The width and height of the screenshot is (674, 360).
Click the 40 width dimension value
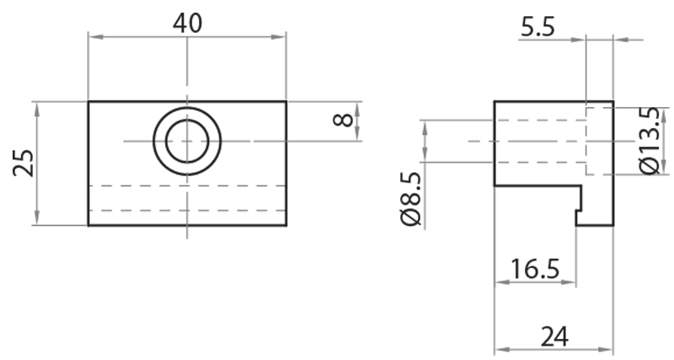[x=187, y=23]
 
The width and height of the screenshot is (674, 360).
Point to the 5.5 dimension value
[x=538, y=28]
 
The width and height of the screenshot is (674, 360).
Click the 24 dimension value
[x=553, y=336]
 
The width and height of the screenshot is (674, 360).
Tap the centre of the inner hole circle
[x=187, y=141]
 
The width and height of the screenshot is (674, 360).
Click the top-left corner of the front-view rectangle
[x=88, y=101]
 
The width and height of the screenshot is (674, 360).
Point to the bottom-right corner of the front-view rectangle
[x=286, y=226]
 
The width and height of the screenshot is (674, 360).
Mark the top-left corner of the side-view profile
[x=494, y=101]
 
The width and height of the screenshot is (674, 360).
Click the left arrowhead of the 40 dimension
[x=94, y=36]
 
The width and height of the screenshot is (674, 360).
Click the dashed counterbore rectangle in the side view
[x=599, y=140]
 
